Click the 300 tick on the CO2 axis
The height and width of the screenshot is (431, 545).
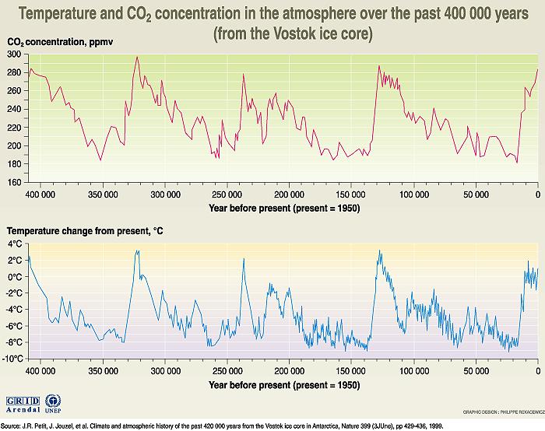tap(15, 54)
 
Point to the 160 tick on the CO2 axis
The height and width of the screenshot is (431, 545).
tap(15, 182)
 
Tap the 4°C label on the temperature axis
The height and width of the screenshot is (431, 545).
tap(16, 244)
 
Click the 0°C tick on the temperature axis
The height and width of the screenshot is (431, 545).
tap(16, 276)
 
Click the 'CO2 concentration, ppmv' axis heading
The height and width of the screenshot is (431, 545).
tap(61, 40)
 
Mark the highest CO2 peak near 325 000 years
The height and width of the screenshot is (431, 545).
tap(137, 57)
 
